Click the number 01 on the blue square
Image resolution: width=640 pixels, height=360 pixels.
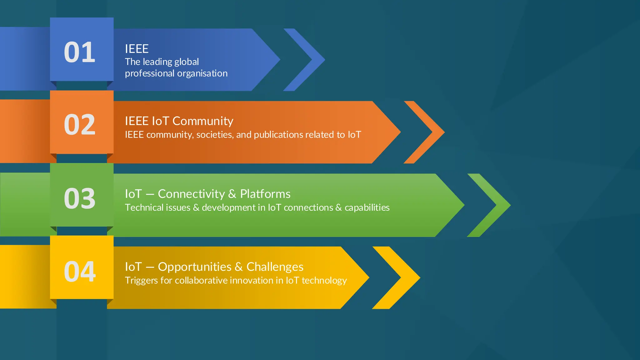(x=79, y=52)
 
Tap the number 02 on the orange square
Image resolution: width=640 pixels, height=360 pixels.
(x=79, y=125)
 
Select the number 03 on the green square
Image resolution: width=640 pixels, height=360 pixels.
(x=79, y=198)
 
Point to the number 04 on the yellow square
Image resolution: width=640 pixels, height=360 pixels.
(x=79, y=272)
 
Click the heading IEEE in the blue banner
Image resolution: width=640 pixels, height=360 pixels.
(x=137, y=49)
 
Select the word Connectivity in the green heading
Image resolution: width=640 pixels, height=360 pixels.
(x=191, y=194)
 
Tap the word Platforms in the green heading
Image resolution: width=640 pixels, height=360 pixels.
(x=265, y=194)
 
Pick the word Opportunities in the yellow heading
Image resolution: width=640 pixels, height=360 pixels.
(x=194, y=267)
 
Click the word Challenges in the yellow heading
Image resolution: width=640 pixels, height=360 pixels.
(x=275, y=267)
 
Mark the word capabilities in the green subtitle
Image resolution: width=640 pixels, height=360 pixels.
(x=367, y=208)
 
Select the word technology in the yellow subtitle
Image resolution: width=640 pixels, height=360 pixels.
(x=324, y=281)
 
